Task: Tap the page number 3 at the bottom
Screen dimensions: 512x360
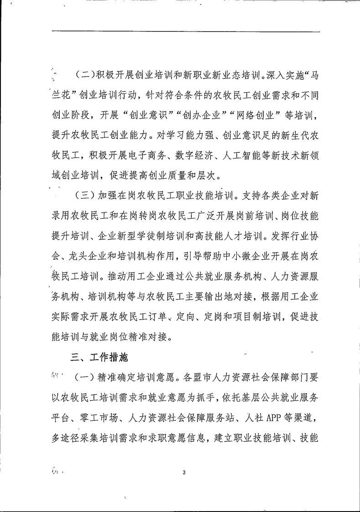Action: (183, 472)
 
